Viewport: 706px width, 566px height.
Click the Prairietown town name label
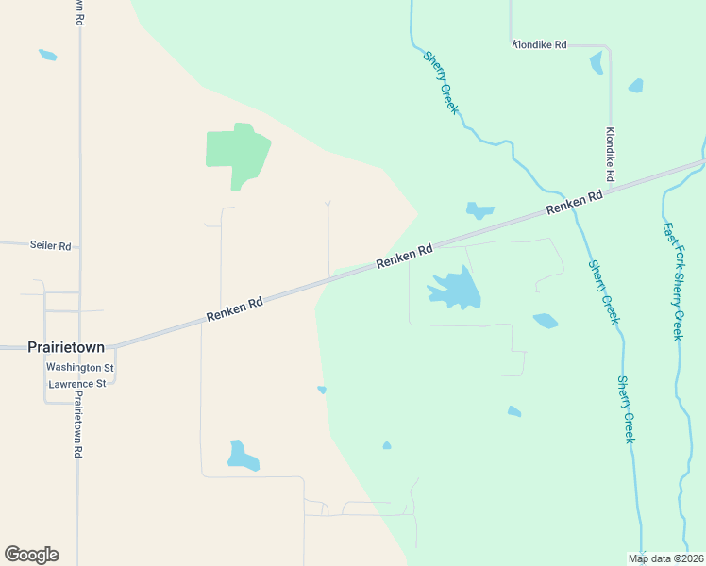click(65, 347)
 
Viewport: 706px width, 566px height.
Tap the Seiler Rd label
click(51, 246)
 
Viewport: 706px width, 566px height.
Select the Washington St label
click(80, 367)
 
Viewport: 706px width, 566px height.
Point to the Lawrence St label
click(77, 384)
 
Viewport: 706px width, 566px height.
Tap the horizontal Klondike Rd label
click(539, 44)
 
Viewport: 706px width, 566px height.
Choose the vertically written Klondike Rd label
click(611, 154)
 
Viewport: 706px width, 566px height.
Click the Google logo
click(31, 555)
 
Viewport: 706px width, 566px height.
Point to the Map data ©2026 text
click(666, 558)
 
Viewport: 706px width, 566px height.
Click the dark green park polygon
click(237, 153)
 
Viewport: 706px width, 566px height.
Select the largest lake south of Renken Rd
click(455, 290)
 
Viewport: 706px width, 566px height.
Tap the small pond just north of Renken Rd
click(479, 209)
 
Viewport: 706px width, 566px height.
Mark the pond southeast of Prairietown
click(242, 457)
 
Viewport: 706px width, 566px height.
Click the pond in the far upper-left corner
click(47, 55)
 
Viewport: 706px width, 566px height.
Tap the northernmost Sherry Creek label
click(441, 83)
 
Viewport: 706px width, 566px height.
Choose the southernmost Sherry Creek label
click(626, 409)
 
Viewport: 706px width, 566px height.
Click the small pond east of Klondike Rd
click(635, 86)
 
